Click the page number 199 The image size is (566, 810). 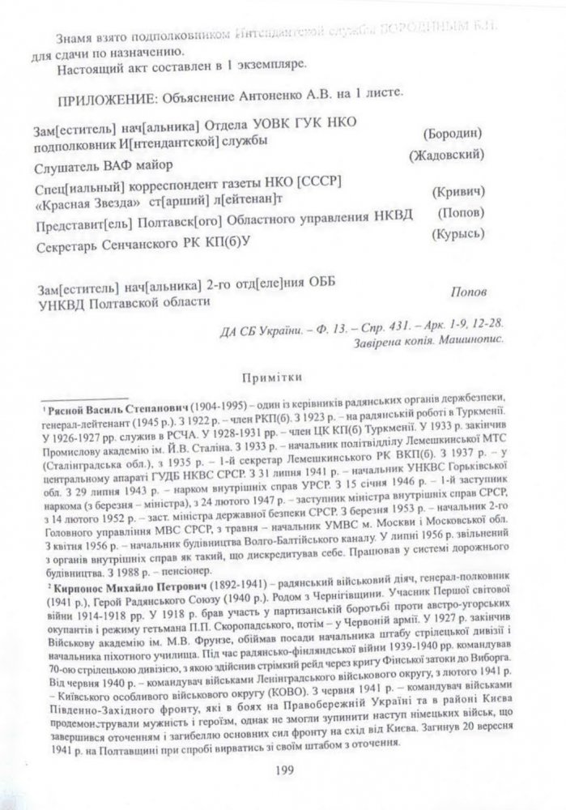283,771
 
